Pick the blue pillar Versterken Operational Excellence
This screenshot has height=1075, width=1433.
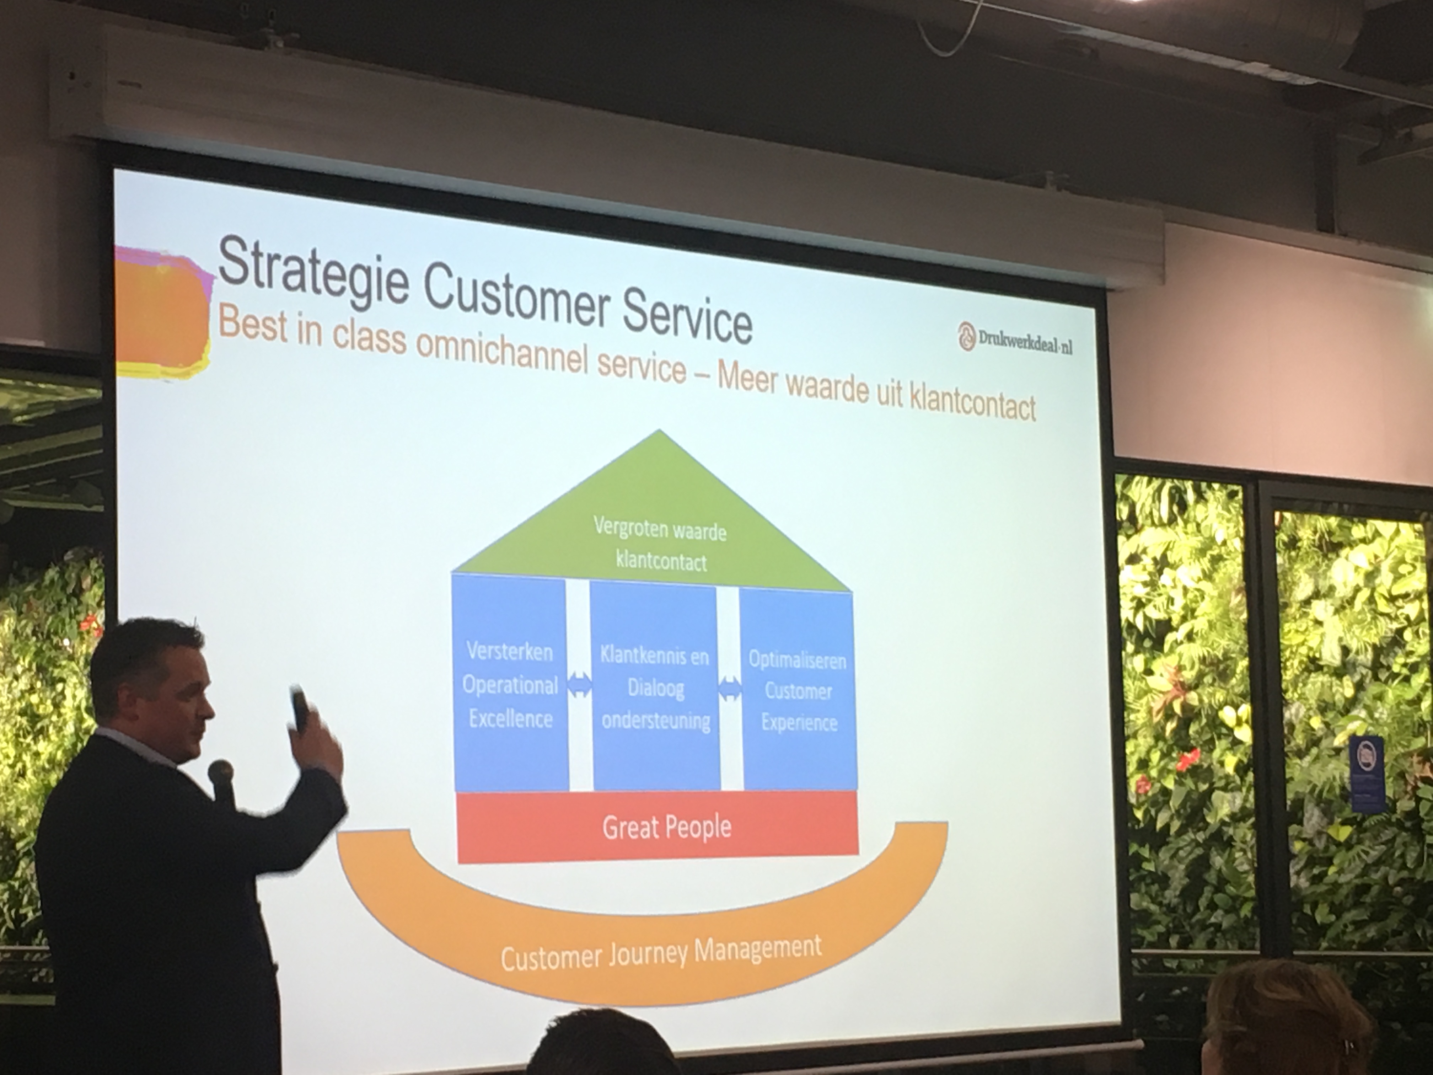point(510,684)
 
